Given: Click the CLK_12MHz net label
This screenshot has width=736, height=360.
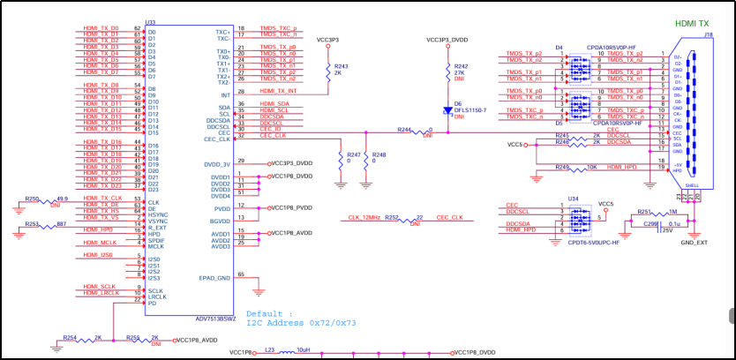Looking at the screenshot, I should [364, 216].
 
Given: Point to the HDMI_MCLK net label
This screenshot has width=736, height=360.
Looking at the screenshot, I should [101, 242].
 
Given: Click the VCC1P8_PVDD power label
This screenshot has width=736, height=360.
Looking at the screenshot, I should [291, 208].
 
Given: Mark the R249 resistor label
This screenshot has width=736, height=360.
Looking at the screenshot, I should [562, 167].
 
